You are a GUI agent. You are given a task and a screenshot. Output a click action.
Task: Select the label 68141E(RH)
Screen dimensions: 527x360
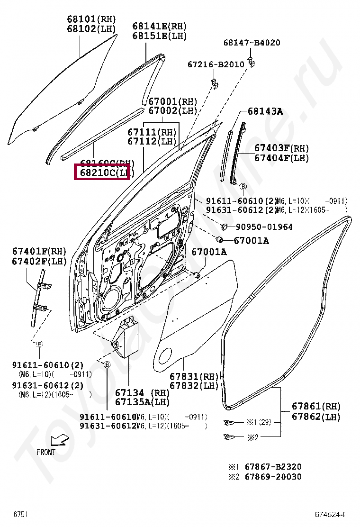159,26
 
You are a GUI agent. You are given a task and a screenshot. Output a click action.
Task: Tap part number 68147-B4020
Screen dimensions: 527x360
252,43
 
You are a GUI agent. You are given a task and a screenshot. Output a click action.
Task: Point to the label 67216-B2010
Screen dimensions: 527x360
216,64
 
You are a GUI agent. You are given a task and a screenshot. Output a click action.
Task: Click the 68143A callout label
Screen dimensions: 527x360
265,112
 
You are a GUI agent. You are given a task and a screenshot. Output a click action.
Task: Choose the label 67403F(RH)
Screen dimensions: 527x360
281,148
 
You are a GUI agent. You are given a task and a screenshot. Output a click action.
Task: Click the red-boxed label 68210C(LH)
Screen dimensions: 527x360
102,173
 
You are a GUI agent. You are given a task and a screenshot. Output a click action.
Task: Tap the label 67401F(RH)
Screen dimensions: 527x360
39,251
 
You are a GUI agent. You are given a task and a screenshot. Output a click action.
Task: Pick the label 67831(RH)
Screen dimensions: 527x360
194,377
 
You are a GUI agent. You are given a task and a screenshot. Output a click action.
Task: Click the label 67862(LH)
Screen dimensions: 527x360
316,417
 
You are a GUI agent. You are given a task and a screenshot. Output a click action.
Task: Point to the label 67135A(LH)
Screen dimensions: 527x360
142,402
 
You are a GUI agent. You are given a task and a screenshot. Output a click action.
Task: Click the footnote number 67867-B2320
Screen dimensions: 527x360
273,467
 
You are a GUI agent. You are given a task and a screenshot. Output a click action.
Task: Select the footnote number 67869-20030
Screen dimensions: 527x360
273,476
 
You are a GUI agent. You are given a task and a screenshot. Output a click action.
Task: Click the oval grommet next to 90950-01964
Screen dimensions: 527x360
225,226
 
